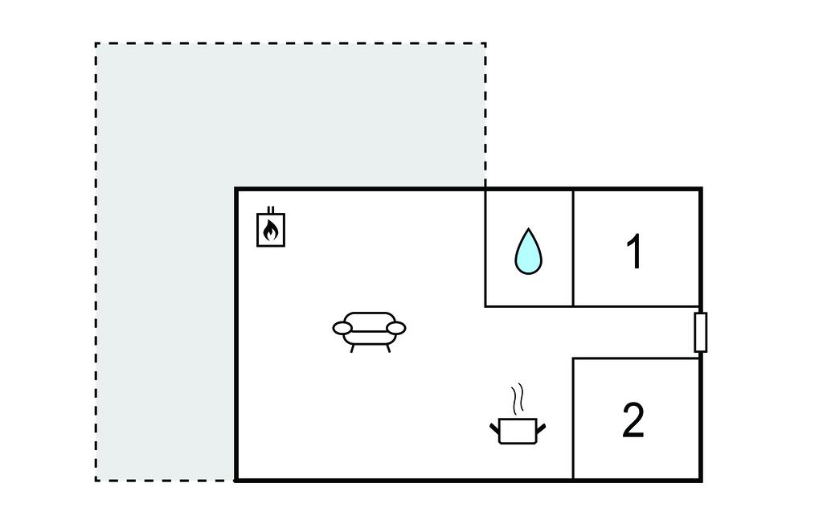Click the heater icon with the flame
tap(271, 230)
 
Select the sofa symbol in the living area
tap(369, 330)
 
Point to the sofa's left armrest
tap(342, 328)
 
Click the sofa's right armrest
tap(395, 328)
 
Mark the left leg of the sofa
tap(352, 348)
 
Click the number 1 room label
tap(634, 252)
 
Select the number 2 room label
tap(633, 420)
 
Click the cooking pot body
tap(517, 431)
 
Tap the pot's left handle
tap(494, 426)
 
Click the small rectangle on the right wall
tap(700, 333)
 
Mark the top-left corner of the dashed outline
tap(96, 43)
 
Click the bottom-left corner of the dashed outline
tap(96, 481)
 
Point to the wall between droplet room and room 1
tap(573, 248)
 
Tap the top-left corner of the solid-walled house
tap(236, 189)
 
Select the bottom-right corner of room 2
tap(701, 480)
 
